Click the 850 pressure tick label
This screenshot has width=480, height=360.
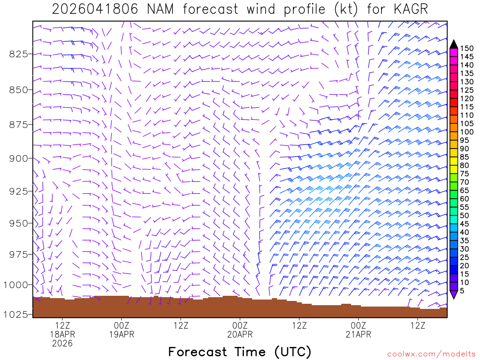18,90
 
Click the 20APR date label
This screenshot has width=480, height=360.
240,335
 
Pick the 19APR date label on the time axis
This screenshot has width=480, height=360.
121,335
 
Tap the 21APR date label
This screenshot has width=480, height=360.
359,335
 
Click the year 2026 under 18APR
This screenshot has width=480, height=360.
62,344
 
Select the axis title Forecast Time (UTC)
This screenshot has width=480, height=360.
240,352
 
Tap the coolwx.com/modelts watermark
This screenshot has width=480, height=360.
431,354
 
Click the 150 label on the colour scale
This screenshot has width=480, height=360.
466,48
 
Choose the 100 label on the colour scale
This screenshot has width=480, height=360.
466,132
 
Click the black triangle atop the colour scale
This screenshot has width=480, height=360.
453,44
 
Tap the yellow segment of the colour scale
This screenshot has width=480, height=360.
453,161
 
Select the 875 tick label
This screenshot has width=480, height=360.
18,124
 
